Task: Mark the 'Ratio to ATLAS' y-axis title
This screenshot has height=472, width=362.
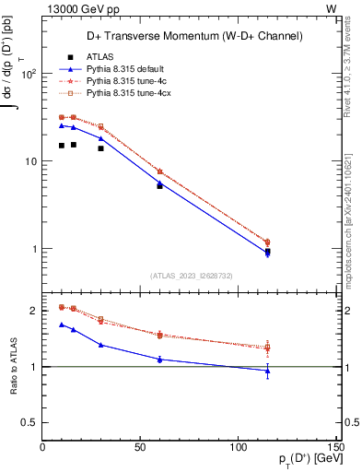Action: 12,368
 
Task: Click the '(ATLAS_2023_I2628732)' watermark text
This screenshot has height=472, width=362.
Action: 190,276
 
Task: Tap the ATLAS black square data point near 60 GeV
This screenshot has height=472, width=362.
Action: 159,185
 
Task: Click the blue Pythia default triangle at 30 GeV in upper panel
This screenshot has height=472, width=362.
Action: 101,138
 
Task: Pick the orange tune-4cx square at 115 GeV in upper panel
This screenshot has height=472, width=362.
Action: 267,242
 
